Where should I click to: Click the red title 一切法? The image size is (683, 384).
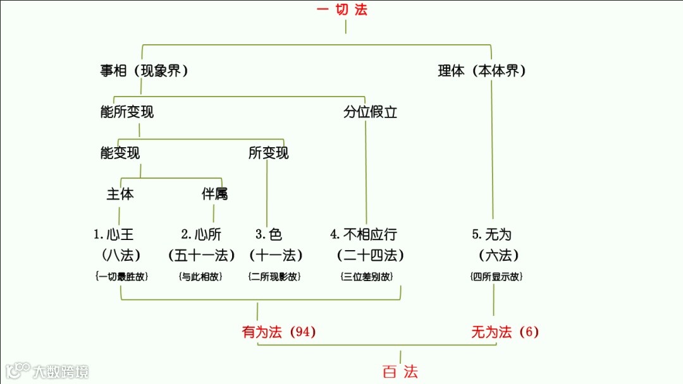pyautogui.click(x=341, y=9)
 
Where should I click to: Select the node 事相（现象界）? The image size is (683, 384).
pyautogui.click(x=144, y=71)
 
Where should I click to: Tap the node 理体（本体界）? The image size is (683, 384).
pyautogui.click(x=482, y=71)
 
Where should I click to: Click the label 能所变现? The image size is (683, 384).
pyautogui.click(x=126, y=112)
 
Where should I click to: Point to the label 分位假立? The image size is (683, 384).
pyautogui.click(x=370, y=112)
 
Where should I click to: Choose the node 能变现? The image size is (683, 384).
pyautogui.click(x=120, y=153)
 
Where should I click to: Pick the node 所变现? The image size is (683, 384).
pyautogui.click(x=268, y=153)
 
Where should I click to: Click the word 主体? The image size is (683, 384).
pyautogui.click(x=120, y=194)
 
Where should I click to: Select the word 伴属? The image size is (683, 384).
pyautogui.click(x=214, y=194)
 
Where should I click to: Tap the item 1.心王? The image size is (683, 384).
pyautogui.click(x=114, y=235)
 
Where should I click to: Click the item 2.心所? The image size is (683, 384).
pyautogui.click(x=201, y=235)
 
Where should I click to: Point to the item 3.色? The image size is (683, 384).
pyautogui.click(x=269, y=235)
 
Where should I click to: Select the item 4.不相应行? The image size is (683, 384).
pyautogui.click(x=364, y=235)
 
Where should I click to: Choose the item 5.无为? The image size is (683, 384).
pyautogui.click(x=491, y=235)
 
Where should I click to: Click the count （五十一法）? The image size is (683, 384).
pyautogui.click(x=201, y=256)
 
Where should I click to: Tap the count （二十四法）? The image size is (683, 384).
pyautogui.click(x=370, y=256)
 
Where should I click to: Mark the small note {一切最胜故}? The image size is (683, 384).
pyautogui.click(x=121, y=277)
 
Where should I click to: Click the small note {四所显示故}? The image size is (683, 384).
pyautogui.click(x=496, y=277)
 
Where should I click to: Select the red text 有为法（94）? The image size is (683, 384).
pyautogui.click(x=279, y=332)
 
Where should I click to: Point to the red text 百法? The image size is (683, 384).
pyautogui.click(x=400, y=371)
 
